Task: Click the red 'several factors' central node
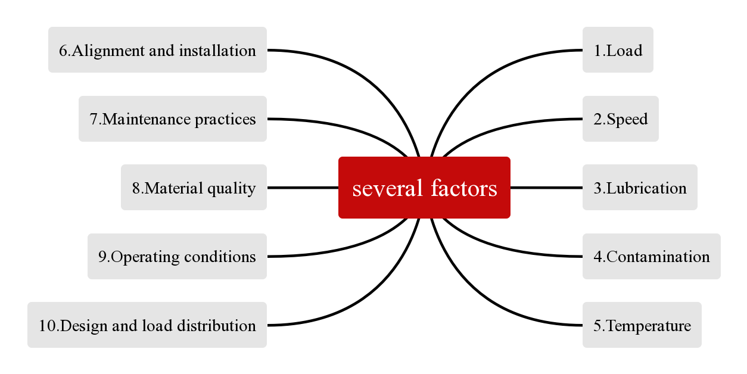tap(424, 188)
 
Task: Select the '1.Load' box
tap(618, 50)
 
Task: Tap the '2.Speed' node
tap(620, 119)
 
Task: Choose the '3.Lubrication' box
tap(639, 188)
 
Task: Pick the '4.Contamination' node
tap(651, 257)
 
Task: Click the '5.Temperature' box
tap(642, 325)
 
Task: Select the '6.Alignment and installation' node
tap(157, 50)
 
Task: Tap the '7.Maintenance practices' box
tap(172, 119)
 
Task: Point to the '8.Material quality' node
tap(194, 188)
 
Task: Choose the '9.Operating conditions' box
tap(177, 257)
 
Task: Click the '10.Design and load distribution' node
tap(147, 325)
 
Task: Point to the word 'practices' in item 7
tap(225, 119)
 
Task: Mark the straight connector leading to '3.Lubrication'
tap(546, 188)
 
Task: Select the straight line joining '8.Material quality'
tap(303, 188)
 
